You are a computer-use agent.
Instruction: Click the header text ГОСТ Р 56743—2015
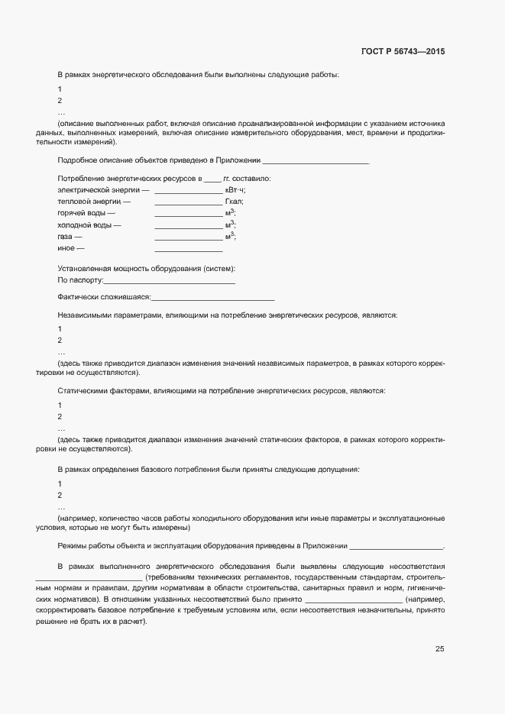403,52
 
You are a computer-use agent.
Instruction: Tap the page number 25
439,649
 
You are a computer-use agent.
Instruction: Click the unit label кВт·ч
235,189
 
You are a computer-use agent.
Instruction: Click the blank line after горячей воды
188,215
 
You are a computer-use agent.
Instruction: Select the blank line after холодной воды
188,228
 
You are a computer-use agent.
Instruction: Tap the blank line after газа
188,240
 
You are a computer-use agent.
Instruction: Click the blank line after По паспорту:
169,283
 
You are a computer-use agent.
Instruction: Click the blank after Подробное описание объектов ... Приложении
316,163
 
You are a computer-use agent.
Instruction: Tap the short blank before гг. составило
212,179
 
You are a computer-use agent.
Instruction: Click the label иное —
71,249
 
